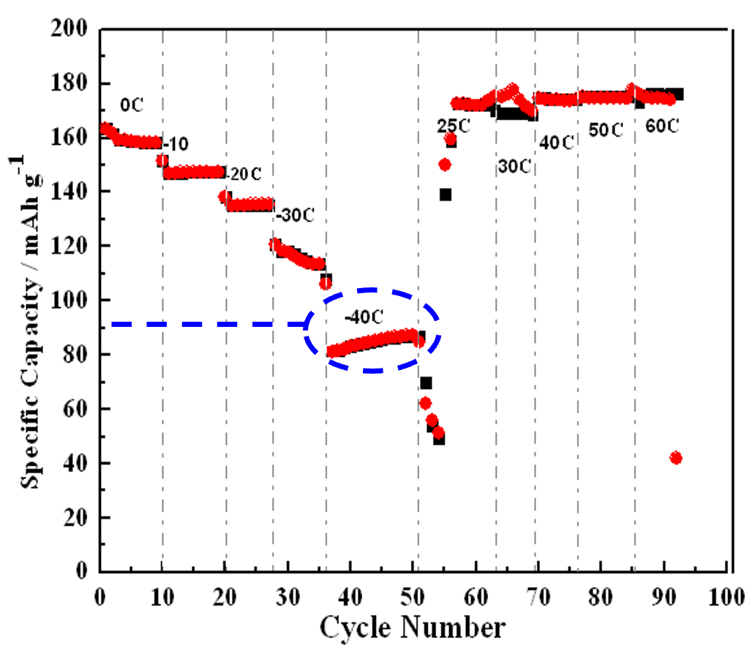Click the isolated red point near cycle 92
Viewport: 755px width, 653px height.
(675, 458)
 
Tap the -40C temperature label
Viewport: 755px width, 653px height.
(364, 319)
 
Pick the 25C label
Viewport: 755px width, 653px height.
(454, 125)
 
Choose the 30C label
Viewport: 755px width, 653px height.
(515, 167)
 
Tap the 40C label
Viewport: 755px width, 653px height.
(556, 142)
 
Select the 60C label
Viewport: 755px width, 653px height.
(662, 126)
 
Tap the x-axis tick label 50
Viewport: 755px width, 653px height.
(413, 590)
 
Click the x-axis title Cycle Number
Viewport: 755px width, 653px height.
(411, 627)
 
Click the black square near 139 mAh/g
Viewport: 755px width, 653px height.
(445, 195)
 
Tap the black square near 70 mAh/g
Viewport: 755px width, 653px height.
(426, 382)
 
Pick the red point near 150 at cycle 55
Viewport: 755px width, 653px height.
(444, 165)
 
